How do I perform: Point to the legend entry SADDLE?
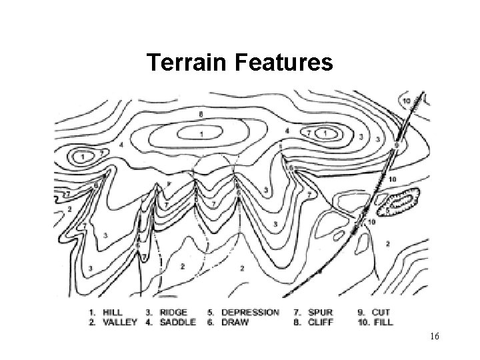click(x=178, y=322)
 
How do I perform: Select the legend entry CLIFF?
click(x=321, y=322)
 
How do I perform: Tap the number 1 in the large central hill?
click(x=201, y=135)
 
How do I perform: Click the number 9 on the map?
click(x=397, y=145)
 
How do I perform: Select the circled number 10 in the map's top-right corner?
click(x=407, y=101)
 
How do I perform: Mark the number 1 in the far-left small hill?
click(x=83, y=157)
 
